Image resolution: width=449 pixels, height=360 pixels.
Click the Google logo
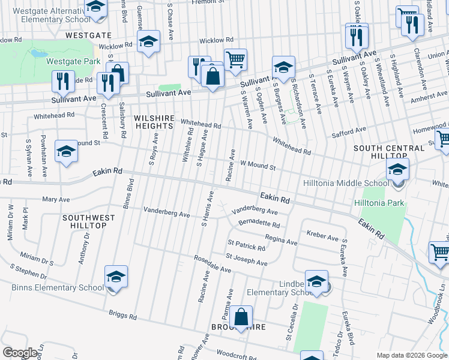click(19, 353)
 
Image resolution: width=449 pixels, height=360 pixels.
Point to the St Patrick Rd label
click(246, 246)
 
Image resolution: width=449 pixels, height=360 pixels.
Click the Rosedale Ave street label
click(212, 265)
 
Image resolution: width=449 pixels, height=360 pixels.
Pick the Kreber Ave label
click(322, 235)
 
